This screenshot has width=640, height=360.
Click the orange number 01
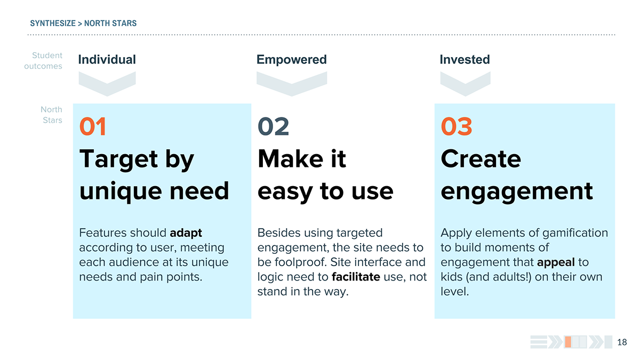(x=93, y=126)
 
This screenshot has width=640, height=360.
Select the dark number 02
(x=274, y=126)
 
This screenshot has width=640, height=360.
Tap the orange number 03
(x=457, y=126)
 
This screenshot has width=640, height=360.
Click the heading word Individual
(x=107, y=59)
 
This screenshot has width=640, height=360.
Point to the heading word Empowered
(x=291, y=60)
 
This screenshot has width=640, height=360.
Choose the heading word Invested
(x=465, y=59)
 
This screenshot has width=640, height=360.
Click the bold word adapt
(x=186, y=234)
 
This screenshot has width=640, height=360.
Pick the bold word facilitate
(x=356, y=277)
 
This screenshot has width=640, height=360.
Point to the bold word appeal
(x=556, y=262)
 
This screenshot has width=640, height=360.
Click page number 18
(x=622, y=342)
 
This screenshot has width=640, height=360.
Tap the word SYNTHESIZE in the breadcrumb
(x=53, y=23)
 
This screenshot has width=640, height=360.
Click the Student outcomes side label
(x=43, y=61)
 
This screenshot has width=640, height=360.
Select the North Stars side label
(x=51, y=115)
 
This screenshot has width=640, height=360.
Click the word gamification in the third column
(x=575, y=234)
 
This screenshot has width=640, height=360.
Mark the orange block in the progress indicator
(x=568, y=342)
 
